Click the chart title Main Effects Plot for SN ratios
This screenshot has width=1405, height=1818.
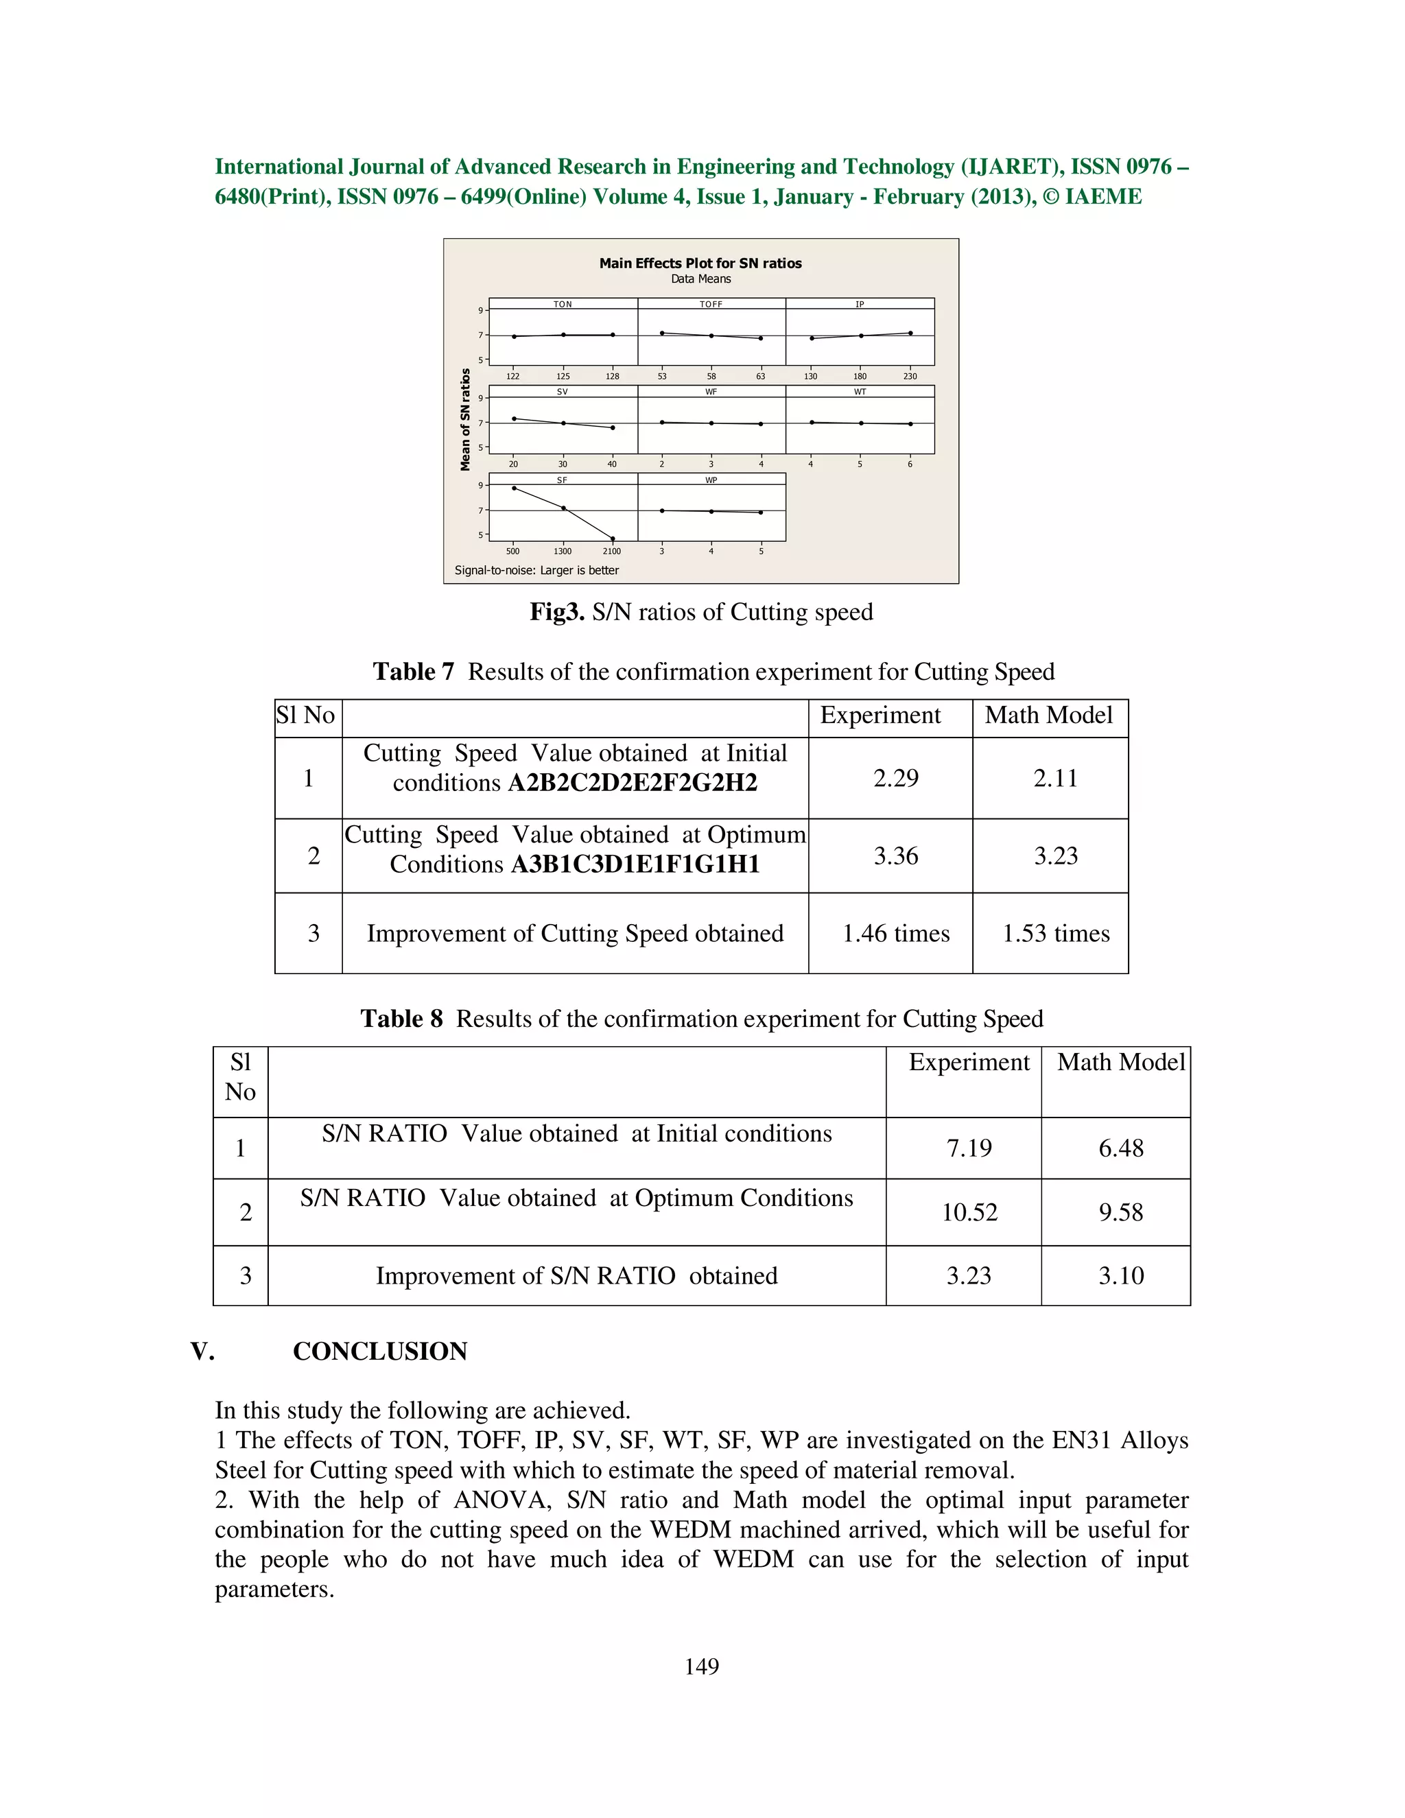coord(700,263)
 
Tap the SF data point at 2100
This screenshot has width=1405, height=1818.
coord(613,539)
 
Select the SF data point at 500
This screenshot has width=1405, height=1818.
coord(514,488)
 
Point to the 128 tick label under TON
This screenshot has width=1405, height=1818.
coord(612,376)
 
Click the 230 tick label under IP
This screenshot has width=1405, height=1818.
coord(910,376)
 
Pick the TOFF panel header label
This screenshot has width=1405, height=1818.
coord(711,305)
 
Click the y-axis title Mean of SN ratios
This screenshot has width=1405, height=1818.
coord(466,420)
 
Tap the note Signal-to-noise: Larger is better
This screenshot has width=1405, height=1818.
coord(537,570)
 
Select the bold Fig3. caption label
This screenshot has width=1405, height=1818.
coord(557,612)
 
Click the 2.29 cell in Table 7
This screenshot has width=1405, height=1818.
coord(895,779)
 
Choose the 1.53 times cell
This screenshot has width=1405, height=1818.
coord(1055,933)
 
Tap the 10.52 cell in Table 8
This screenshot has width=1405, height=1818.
coord(969,1212)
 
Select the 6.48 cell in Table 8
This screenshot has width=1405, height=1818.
coord(1120,1148)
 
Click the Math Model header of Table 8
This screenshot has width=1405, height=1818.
coord(1120,1062)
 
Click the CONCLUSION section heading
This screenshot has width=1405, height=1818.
coord(379,1351)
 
